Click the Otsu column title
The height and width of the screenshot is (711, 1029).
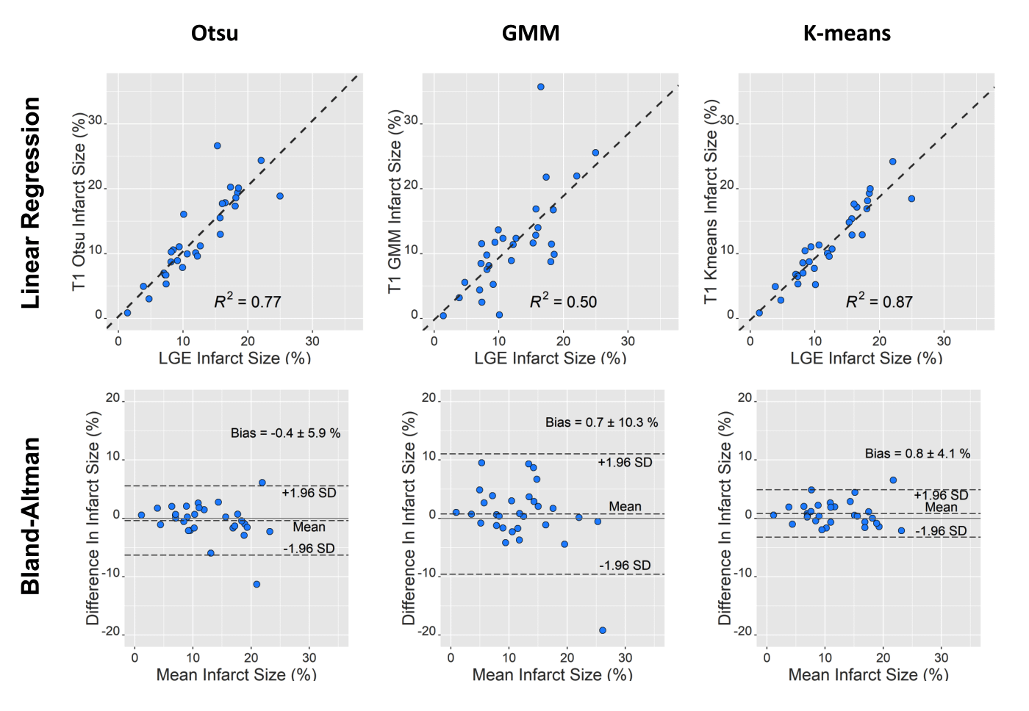click(215, 34)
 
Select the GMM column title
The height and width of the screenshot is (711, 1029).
click(531, 34)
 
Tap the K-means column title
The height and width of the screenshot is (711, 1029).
click(847, 34)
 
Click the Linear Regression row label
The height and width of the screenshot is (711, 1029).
click(31, 203)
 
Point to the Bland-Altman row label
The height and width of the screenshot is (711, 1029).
click(31, 516)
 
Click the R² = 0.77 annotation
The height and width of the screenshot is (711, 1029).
click(248, 301)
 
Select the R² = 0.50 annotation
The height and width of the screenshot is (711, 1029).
click(564, 301)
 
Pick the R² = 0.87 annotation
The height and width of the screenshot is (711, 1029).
click(879, 301)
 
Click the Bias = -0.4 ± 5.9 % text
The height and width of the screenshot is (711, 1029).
click(285, 433)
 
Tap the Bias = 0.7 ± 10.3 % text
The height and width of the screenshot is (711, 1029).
click(601, 422)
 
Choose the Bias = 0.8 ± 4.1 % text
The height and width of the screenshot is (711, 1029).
click(917, 454)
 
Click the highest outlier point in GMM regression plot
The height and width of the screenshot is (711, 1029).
click(541, 87)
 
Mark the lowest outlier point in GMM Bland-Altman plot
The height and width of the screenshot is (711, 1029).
click(603, 630)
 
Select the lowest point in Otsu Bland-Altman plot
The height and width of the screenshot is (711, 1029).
click(257, 585)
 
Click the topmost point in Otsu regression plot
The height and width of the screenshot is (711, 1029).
click(218, 146)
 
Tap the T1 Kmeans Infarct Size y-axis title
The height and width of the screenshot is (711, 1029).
click(711, 203)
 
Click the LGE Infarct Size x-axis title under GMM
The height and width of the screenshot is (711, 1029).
click(550, 358)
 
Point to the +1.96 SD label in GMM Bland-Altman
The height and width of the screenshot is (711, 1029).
click(625, 463)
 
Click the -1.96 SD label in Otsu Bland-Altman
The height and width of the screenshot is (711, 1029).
click(309, 549)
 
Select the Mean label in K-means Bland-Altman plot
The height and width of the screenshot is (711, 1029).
click(941, 508)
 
